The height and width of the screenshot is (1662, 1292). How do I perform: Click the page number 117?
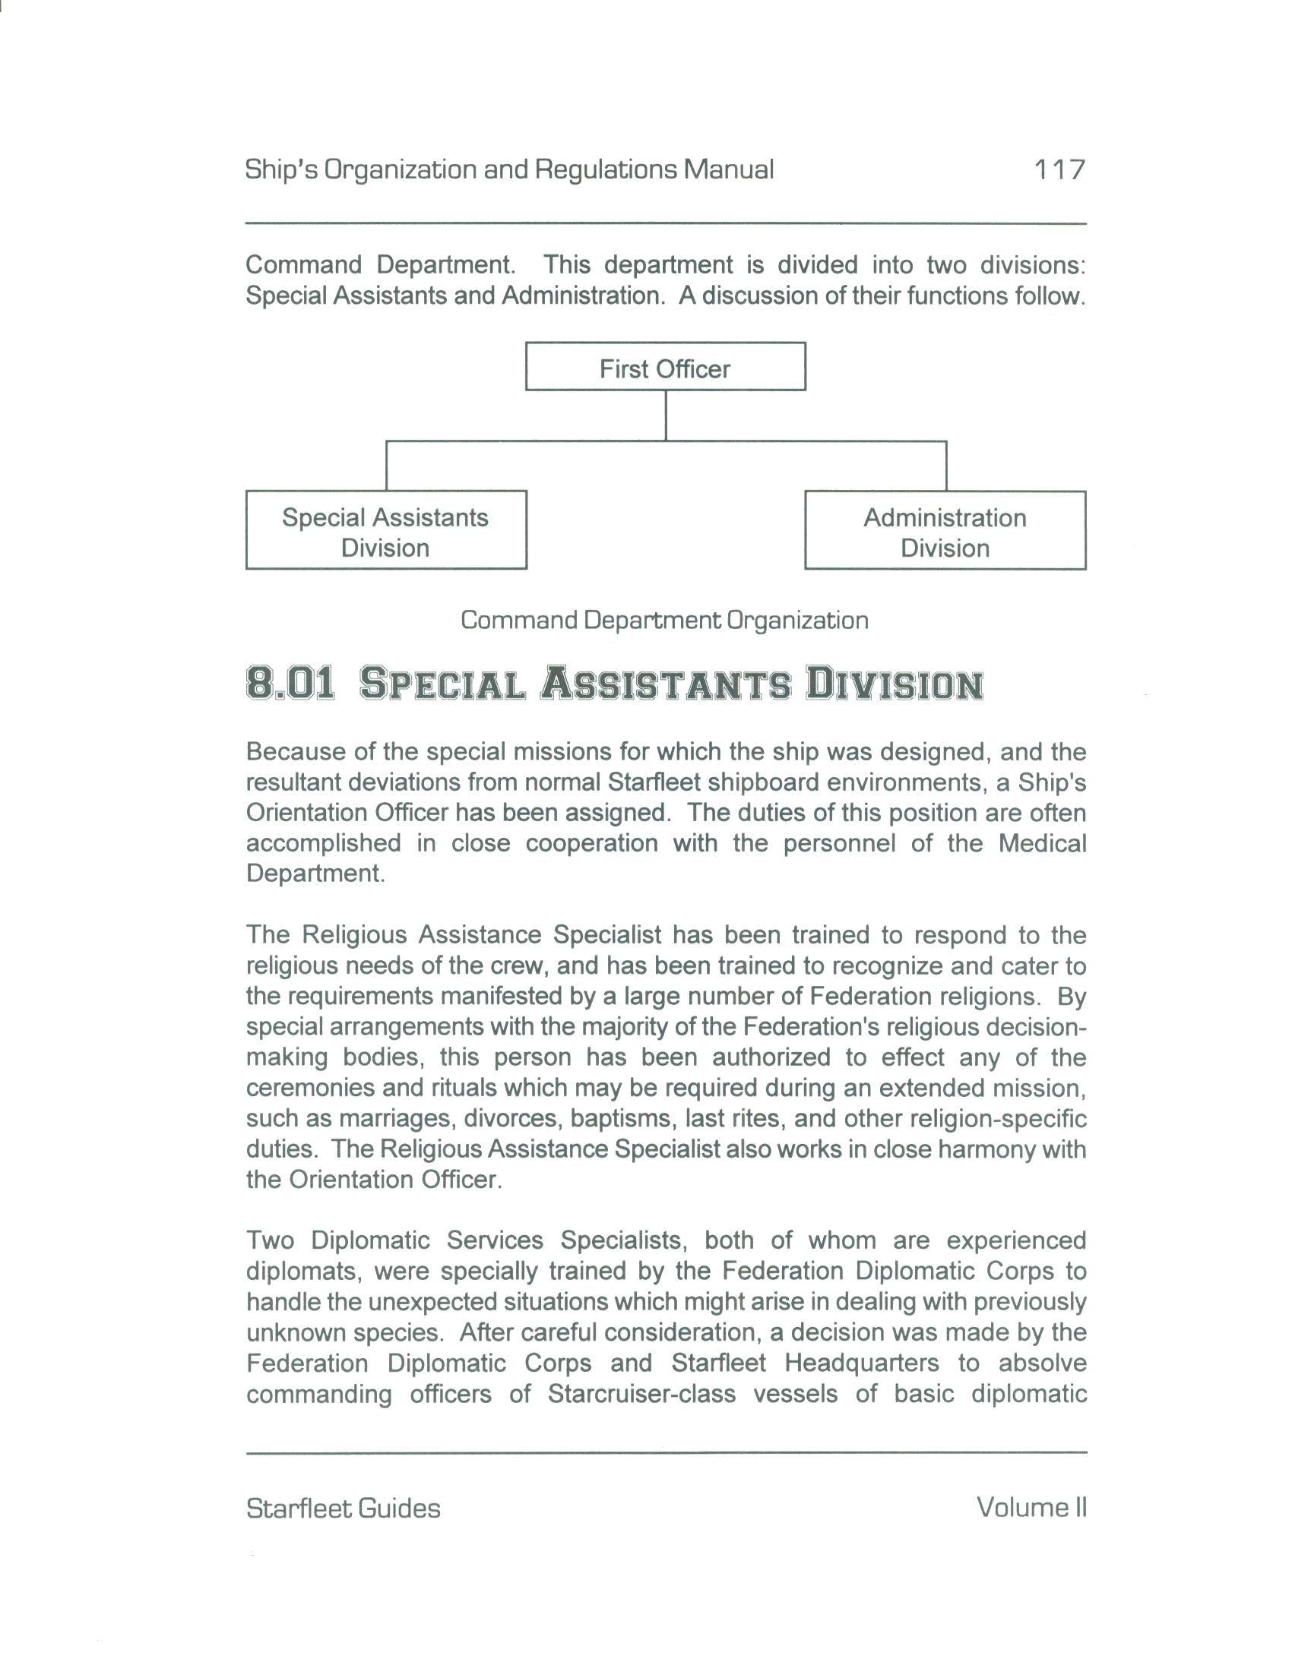pos(1058,169)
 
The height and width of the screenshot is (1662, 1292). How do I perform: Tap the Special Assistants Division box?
pos(386,530)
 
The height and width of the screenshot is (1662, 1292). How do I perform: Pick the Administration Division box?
pos(945,531)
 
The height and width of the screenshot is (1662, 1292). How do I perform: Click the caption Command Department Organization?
pos(664,620)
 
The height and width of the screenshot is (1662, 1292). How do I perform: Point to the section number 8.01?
pos(290,683)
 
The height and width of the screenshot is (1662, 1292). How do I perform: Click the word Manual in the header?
pos(728,169)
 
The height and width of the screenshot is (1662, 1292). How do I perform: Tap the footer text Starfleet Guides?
pos(344,1509)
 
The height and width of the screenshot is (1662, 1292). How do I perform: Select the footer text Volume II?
pos(1031,1508)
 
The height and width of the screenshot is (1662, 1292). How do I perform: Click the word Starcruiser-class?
pos(641,1393)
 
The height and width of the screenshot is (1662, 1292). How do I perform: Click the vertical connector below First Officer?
pos(666,415)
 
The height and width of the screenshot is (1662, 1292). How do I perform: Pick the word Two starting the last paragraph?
pos(271,1240)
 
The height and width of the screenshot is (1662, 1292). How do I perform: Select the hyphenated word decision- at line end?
pos(1036,1026)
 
